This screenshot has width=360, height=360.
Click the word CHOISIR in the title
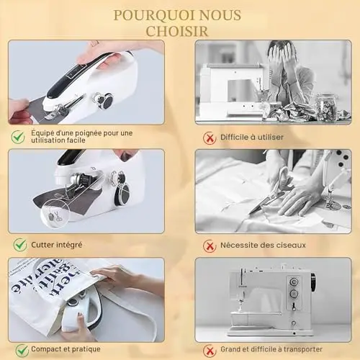tap(177, 31)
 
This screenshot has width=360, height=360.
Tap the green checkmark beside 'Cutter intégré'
tap(20, 245)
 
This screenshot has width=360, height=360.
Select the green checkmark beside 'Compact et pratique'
tap(22, 350)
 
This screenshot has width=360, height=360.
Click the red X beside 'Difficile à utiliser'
tap(210, 138)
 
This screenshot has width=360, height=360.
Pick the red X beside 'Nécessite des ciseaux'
tap(210, 246)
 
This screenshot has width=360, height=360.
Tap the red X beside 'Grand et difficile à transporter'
tap(210, 351)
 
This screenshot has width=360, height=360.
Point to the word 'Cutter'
tap(42, 245)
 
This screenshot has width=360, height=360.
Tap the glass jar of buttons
tap(327, 107)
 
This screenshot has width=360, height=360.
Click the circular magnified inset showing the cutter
tap(55, 213)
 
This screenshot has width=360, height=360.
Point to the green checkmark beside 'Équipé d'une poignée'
tap(18, 137)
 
